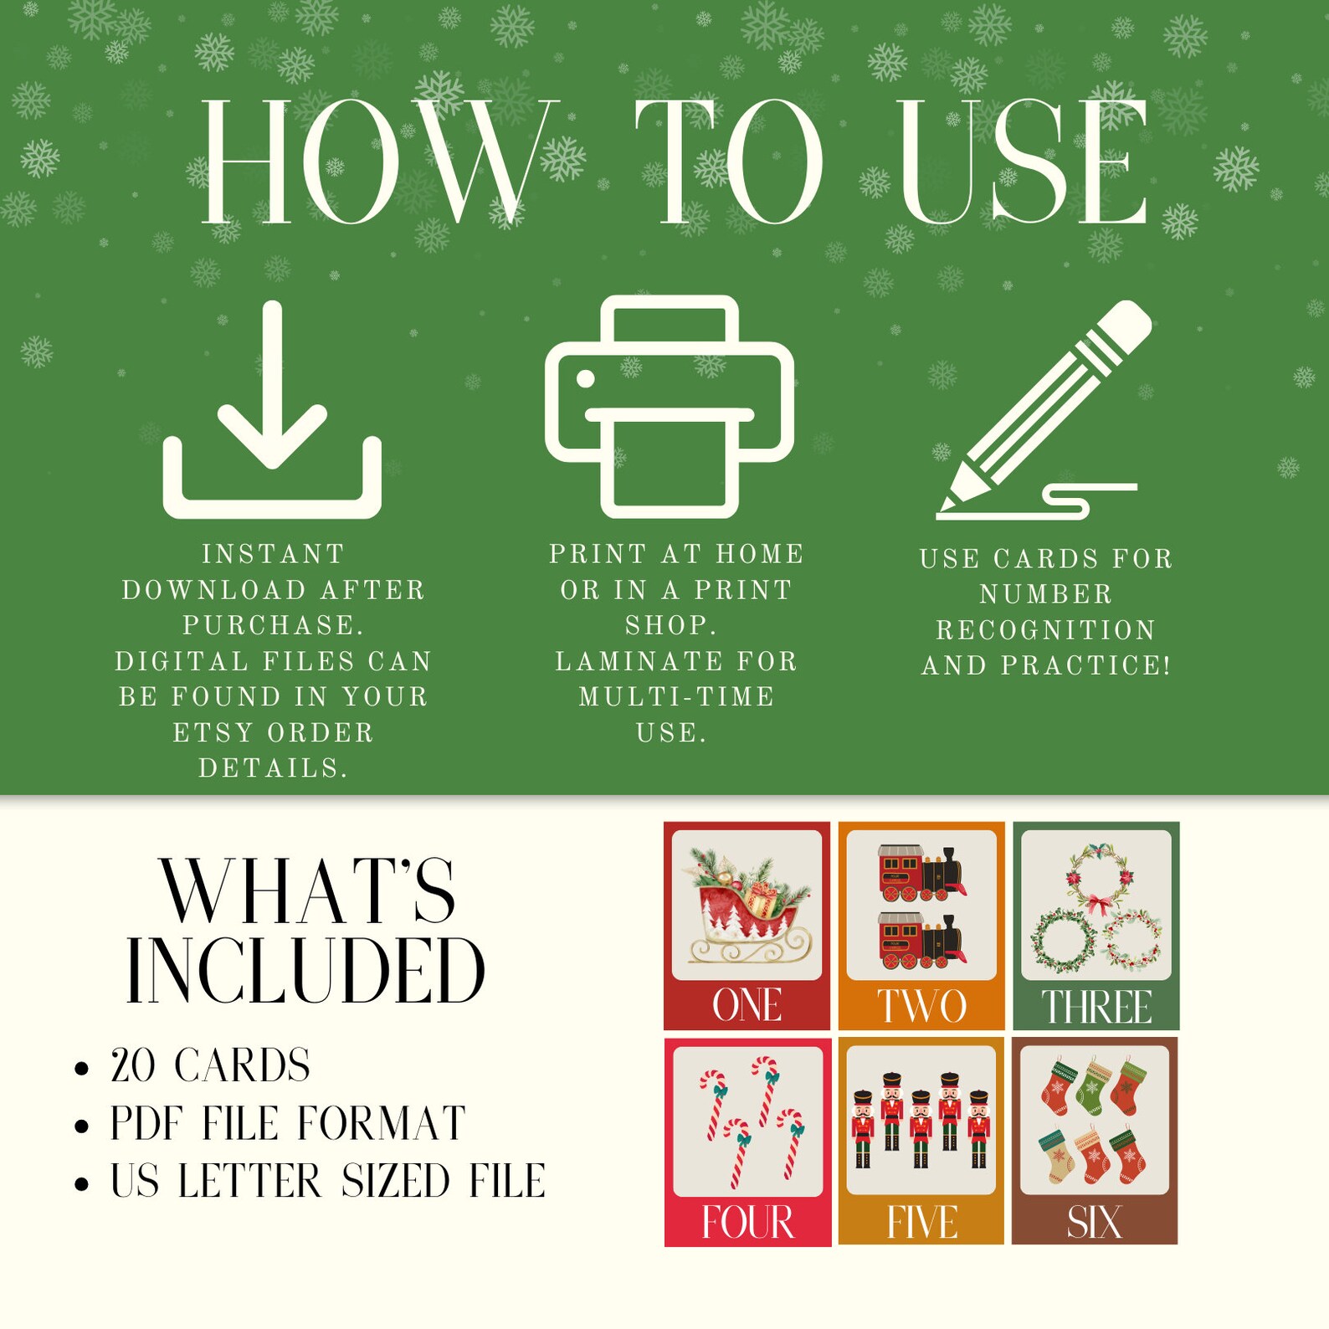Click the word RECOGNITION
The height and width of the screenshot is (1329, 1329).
[x=1046, y=629]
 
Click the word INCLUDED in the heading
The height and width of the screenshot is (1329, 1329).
[x=305, y=971]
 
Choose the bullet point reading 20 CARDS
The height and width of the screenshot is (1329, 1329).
[x=210, y=1065]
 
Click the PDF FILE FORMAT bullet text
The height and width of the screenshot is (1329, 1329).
[x=288, y=1123]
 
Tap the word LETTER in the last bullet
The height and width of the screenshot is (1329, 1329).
[x=249, y=1181]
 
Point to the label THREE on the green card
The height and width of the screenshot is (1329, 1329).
[x=1096, y=1007]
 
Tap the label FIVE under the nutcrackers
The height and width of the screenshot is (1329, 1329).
[x=921, y=1223]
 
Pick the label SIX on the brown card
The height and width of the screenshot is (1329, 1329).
[x=1094, y=1223]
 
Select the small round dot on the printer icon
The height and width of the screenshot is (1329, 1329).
[x=586, y=379]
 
